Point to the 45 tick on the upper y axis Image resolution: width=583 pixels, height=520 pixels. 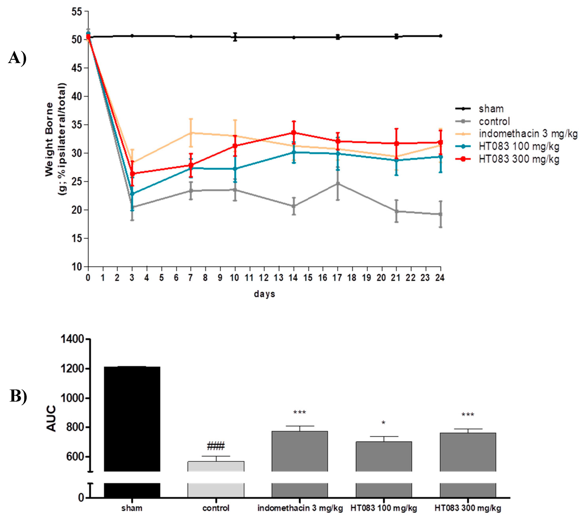pos(76,68)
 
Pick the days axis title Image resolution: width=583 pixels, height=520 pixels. pos(264,294)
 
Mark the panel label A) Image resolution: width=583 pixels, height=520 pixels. pos(17,58)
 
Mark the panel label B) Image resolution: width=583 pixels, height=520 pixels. pos(18,396)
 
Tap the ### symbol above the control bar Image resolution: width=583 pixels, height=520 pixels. pos(216,446)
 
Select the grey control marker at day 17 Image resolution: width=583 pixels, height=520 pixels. pos(338,184)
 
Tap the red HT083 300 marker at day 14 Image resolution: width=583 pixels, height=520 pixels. pos(294,133)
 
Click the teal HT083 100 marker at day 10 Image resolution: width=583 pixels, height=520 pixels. pos(235,169)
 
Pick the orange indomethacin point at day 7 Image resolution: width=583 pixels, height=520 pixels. pos(191,133)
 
